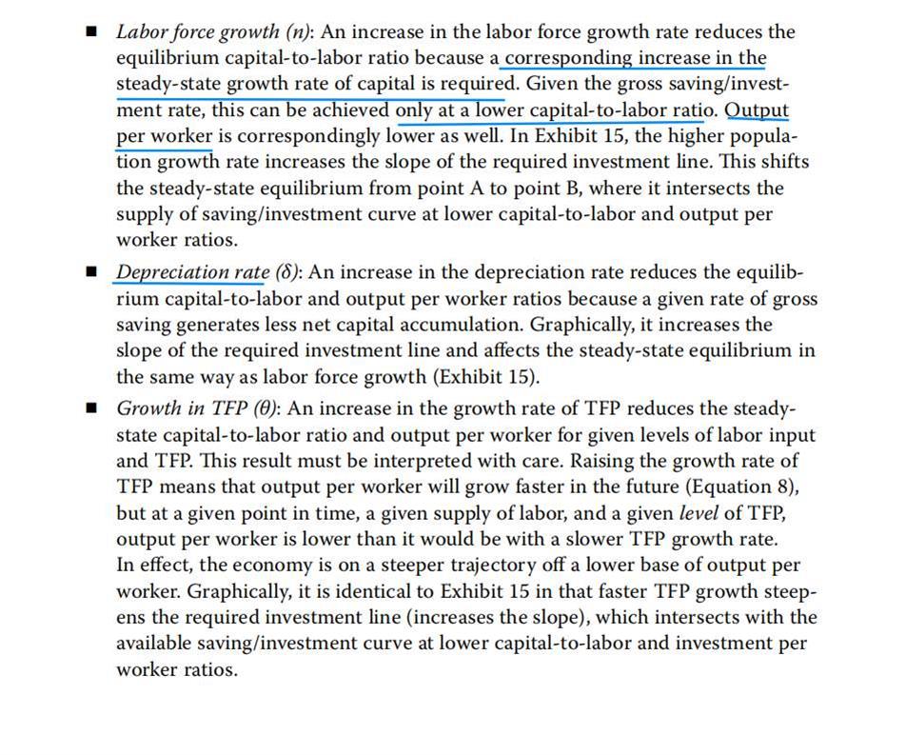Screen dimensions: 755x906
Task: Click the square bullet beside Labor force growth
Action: pyautogui.click(x=91, y=31)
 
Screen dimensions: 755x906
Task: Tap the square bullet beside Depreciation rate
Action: pyautogui.click(x=91, y=273)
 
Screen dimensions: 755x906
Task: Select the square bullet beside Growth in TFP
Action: pyautogui.click(x=91, y=408)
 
